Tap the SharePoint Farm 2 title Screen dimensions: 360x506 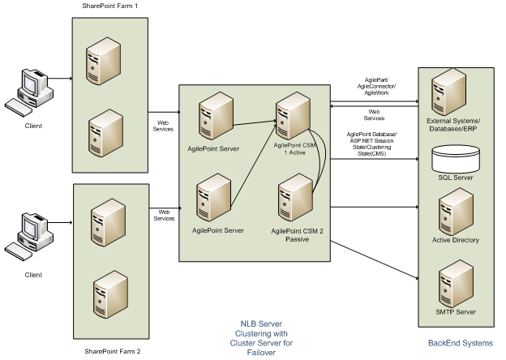[113, 350]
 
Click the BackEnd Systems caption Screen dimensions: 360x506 [460, 342]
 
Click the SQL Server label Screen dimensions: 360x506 [456, 176]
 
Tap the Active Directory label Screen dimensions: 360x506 [456, 240]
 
